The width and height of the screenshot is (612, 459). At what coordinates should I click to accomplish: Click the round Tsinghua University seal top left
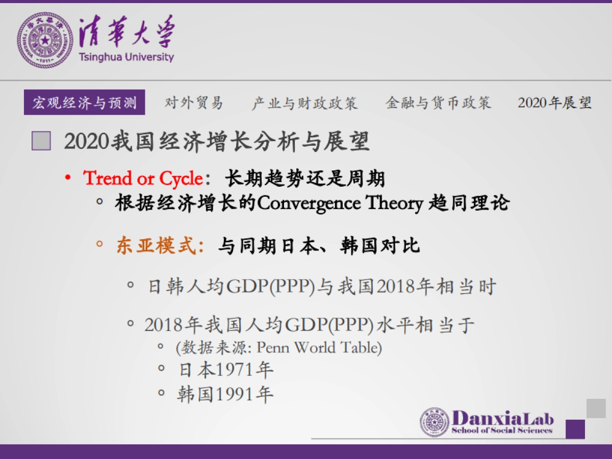coord(45,40)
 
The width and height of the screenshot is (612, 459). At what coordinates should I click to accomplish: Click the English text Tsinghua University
coord(126,57)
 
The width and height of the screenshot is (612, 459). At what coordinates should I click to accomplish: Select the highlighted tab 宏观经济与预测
coord(85,103)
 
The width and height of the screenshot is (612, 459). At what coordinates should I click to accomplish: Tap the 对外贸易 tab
coord(194,103)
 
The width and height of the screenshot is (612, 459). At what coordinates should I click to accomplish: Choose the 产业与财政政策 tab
coord(304,103)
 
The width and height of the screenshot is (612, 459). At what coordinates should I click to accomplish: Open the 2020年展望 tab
coord(555,103)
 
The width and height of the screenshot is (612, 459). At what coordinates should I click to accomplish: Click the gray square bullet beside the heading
coord(41,141)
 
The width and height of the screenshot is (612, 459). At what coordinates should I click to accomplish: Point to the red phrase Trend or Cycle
coord(143,178)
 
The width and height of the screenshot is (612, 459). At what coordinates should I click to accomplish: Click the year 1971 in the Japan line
coord(235,369)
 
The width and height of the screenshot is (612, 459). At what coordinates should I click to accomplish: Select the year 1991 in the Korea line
coord(235,394)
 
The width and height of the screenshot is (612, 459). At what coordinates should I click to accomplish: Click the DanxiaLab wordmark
coord(502,418)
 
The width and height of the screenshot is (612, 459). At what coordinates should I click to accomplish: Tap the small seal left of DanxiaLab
coord(435,422)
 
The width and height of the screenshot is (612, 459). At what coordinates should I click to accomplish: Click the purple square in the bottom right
coord(575,429)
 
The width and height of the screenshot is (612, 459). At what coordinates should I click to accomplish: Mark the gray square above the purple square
coord(596,408)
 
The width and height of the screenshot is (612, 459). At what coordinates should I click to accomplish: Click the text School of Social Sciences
coord(502,430)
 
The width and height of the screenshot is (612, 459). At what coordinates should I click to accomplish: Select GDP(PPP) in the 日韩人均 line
coord(270,287)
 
